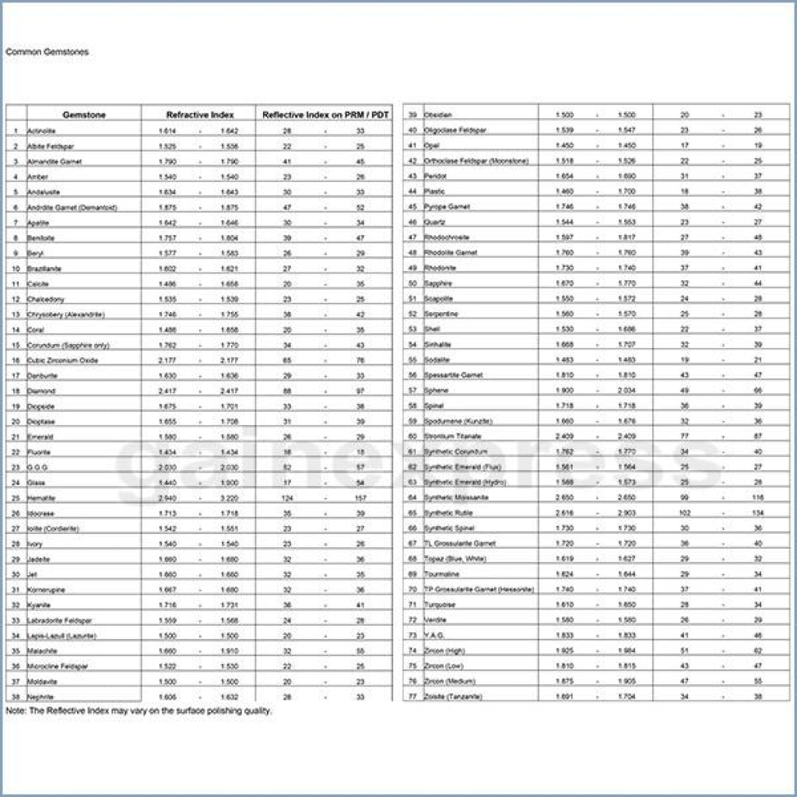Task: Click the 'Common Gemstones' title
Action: click(x=47, y=52)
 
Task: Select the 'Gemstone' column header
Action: click(x=84, y=115)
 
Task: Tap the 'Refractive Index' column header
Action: click(x=200, y=115)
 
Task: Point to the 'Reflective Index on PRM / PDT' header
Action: click(x=326, y=115)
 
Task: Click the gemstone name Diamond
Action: click(x=41, y=391)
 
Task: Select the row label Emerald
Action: click(x=40, y=437)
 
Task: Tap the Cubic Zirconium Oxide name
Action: click(x=62, y=360)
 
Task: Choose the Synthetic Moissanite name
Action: click(x=456, y=497)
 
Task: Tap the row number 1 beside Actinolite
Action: click(x=16, y=131)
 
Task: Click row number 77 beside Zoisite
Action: click(x=413, y=697)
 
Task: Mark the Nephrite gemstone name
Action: click(x=40, y=697)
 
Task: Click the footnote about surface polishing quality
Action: click(x=139, y=711)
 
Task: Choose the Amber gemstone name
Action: click(x=37, y=177)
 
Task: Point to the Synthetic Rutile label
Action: click(x=448, y=513)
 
